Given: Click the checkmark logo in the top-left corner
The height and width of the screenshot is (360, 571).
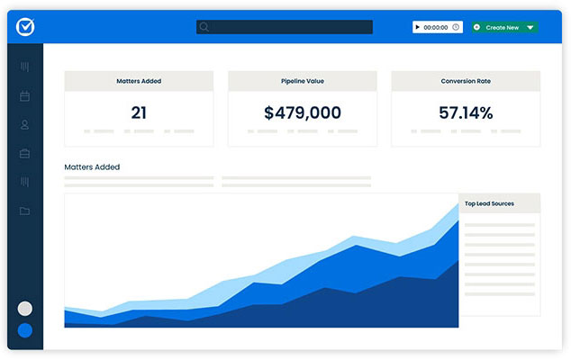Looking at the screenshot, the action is coord(25,27).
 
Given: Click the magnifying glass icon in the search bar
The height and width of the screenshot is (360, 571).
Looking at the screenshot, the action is coord(204,27).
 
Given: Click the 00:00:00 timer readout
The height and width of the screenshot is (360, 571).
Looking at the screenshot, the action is coord(436,27).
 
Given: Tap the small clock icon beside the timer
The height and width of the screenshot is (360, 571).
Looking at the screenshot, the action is coord(456,27).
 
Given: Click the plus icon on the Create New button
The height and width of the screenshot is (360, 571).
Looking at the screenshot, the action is coord(476,27).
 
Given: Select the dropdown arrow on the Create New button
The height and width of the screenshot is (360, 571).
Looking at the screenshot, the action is coord(530,27).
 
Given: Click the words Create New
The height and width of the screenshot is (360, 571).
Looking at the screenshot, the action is coord(503,27).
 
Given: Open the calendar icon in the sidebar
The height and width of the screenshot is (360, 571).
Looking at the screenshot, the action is coord(24,96).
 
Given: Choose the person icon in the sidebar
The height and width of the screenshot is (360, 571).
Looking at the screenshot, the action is coord(24,125).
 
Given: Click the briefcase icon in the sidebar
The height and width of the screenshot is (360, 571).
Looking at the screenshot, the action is coord(24,154).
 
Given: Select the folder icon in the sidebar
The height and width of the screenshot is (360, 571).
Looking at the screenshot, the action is coord(24,211).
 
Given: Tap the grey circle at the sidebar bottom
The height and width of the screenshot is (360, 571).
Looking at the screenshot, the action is coord(24,309).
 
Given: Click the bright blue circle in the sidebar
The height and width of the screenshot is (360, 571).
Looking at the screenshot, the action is coord(24,330).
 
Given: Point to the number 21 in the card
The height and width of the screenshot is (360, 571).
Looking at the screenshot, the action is coord(139,112).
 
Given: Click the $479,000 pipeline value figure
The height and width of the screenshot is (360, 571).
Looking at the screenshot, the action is coord(303,112).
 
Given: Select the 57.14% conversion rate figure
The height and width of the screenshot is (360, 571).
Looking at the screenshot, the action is coord(466,112).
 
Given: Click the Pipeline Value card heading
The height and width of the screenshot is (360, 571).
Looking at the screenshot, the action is coord(303,81).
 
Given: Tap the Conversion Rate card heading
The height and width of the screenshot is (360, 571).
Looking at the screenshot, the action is coord(466,81).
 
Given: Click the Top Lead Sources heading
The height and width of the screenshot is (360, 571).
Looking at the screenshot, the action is coord(489,203).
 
